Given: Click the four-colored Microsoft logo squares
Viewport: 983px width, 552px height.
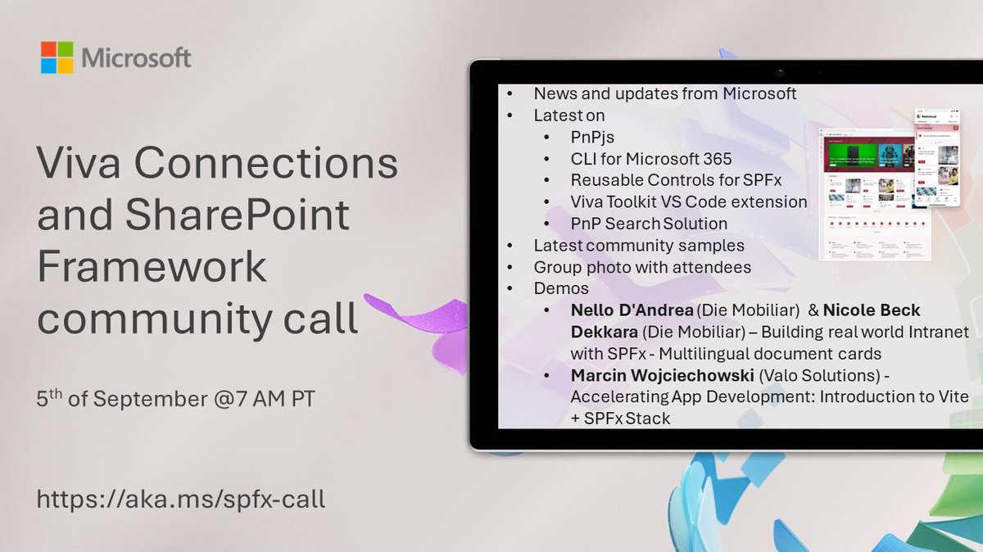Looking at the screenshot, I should [x=57, y=57].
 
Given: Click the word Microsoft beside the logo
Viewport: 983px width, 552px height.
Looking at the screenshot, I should [x=136, y=58].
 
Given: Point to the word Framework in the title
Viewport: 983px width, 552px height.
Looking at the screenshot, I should [x=152, y=267].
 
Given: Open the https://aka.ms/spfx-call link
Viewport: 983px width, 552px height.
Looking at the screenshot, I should [x=180, y=498].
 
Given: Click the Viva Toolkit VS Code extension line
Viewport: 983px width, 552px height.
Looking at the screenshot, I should [x=689, y=201].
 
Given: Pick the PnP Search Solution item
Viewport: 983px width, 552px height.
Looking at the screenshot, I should [x=649, y=223].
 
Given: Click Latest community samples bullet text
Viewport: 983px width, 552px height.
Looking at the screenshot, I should [x=639, y=245].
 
